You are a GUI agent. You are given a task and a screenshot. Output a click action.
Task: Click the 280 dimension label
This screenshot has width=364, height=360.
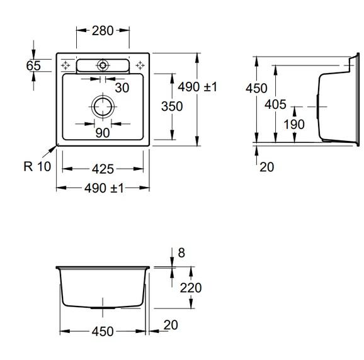click(103, 31)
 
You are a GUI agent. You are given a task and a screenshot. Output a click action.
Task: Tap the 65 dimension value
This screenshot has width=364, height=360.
click(33, 65)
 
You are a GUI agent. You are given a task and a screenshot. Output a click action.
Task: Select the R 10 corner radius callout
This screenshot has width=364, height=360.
click(37, 166)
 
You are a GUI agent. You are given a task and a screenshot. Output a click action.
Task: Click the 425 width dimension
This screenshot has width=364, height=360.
click(103, 169)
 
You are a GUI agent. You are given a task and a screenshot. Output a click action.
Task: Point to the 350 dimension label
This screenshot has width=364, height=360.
click(172, 106)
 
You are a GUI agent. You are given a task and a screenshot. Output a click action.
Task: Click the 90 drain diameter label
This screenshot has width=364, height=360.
click(103, 133)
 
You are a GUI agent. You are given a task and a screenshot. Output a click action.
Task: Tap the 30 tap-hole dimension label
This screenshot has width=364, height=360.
click(122, 88)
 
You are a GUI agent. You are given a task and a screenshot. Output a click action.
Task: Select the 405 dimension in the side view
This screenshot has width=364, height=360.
click(275, 104)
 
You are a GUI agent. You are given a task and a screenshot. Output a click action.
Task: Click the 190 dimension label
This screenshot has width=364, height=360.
click(294, 125)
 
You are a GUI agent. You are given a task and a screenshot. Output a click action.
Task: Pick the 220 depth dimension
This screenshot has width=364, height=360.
click(191, 288)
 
